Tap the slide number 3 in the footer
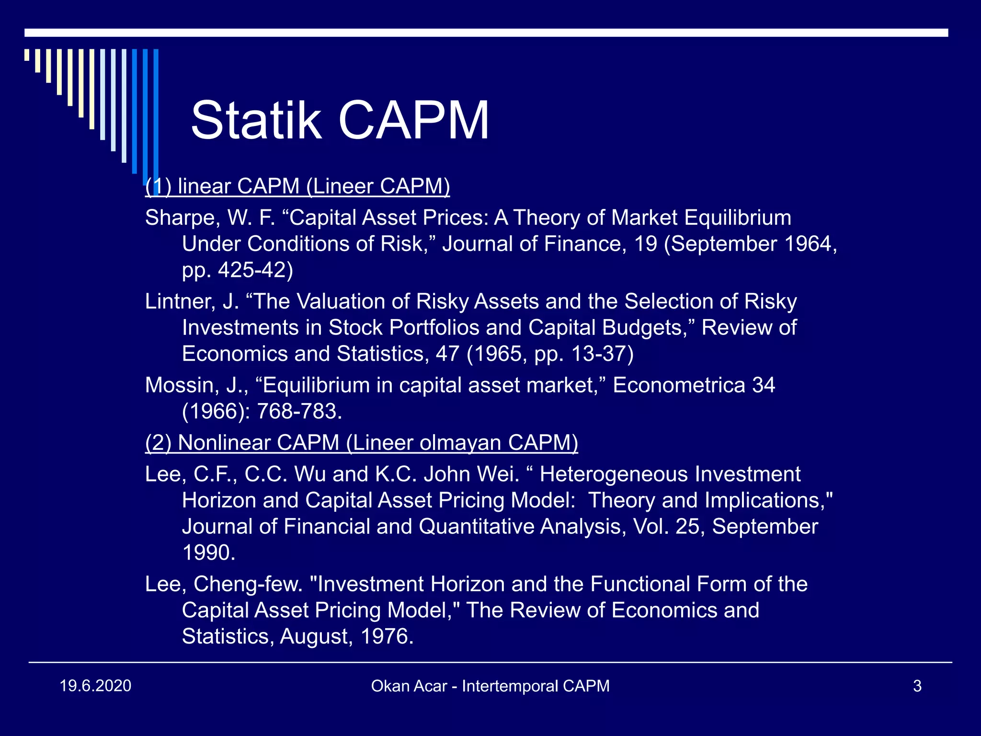[917, 686]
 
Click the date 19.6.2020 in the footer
[95, 686]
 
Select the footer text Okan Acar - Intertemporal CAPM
[490, 686]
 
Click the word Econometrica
[679, 386]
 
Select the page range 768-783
[299, 412]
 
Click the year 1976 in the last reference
[386, 637]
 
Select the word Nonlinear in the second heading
[224, 443]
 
